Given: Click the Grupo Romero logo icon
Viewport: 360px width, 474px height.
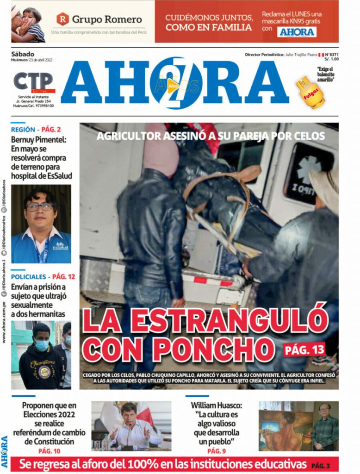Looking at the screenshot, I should click(x=62, y=19).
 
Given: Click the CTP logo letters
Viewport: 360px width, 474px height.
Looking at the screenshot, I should click(x=33, y=81).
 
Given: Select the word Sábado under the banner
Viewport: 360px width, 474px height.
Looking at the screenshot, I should click(x=23, y=54).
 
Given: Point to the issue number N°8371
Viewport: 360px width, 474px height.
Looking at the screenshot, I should click(x=330, y=55).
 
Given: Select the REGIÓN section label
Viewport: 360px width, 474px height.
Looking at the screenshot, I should click(x=23, y=130).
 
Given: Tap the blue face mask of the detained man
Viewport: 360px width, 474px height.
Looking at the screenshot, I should click(x=42, y=345).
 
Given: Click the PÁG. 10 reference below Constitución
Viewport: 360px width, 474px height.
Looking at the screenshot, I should click(x=49, y=451).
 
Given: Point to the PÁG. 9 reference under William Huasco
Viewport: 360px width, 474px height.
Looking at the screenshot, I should click(x=217, y=451).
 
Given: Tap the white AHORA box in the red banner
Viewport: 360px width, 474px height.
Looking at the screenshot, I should click(x=297, y=31).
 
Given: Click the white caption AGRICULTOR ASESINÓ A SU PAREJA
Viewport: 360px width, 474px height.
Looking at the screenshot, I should click(x=211, y=137).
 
